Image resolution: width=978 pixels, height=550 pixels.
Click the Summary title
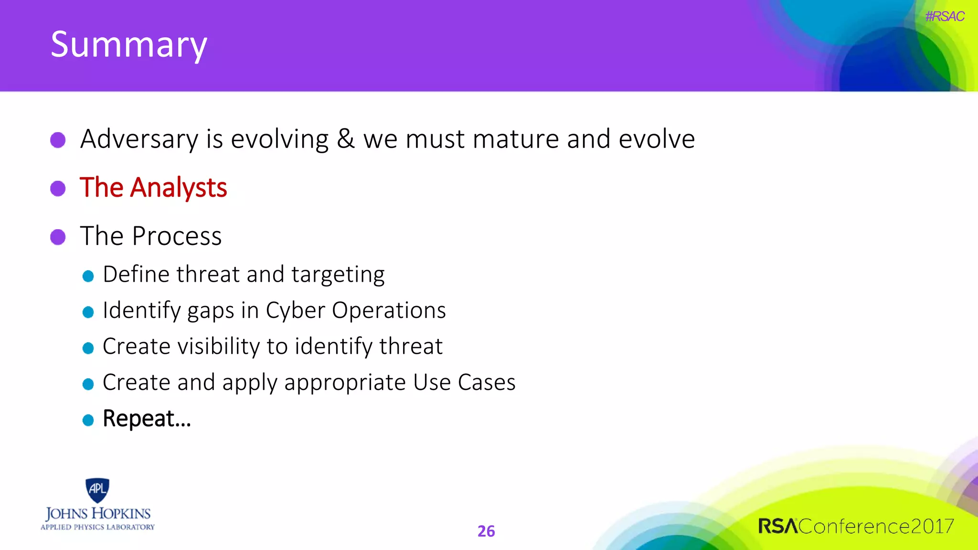[x=129, y=44]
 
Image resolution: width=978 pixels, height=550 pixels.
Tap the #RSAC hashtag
[x=944, y=17]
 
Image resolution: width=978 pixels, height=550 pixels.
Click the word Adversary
[x=139, y=139]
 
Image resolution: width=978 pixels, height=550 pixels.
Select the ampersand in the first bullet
[x=346, y=139]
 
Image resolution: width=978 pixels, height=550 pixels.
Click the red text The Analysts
[x=153, y=187]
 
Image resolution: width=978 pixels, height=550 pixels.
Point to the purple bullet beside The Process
[x=58, y=236]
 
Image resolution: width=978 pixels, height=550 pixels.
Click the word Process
[x=177, y=236]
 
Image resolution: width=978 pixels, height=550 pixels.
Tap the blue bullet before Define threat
[x=88, y=276]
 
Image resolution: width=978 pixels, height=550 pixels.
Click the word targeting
[x=338, y=275]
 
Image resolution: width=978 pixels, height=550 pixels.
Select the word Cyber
[x=295, y=311]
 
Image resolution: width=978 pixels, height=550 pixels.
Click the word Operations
[x=389, y=311]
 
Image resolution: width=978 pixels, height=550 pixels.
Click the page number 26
[x=486, y=531]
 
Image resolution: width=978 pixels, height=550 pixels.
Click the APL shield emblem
[x=97, y=490]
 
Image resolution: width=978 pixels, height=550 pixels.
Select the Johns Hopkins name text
[x=98, y=514]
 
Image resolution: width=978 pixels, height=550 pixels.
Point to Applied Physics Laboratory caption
[x=97, y=527]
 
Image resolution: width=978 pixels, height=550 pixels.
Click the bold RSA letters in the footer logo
[x=778, y=526]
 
